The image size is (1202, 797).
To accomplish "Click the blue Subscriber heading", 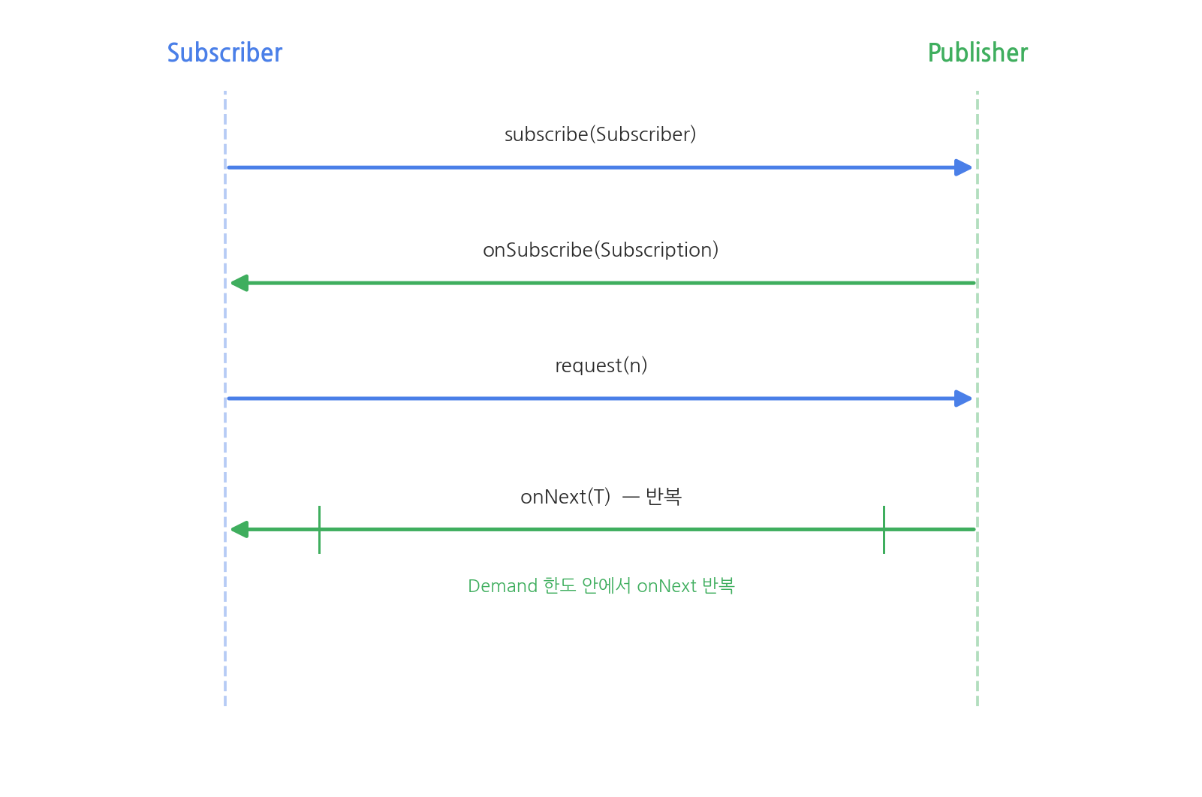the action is pyautogui.click(x=224, y=53).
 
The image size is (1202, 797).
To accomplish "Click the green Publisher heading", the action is pyautogui.click(x=978, y=53).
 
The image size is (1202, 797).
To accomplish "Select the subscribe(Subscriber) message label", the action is pyautogui.click(x=601, y=134).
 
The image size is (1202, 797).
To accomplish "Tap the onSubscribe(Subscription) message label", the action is pyautogui.click(x=601, y=250).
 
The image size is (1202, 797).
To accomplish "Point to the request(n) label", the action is pyautogui.click(x=601, y=365).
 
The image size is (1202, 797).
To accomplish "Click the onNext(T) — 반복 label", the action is pyautogui.click(x=601, y=497).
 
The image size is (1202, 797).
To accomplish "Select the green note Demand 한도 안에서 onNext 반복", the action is pyautogui.click(x=601, y=585).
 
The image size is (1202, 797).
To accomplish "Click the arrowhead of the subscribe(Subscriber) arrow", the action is pyautogui.click(x=963, y=167).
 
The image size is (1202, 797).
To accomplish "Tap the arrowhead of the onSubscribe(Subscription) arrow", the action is pyautogui.click(x=239, y=283).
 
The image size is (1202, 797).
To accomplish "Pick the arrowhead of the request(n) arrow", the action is pyautogui.click(x=963, y=398).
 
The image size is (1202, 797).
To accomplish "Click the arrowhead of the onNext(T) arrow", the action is pyautogui.click(x=239, y=529).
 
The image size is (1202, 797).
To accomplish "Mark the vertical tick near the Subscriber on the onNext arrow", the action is pyautogui.click(x=319, y=530).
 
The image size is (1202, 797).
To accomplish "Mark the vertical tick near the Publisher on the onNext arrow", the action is pyautogui.click(x=884, y=530).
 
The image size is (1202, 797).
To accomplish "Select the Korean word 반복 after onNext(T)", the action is pyautogui.click(x=664, y=497).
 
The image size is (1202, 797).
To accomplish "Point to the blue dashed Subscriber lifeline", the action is pyautogui.click(x=225, y=398).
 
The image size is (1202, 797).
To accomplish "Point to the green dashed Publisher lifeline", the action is pyautogui.click(x=978, y=398).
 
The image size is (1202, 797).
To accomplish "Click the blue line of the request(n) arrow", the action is pyautogui.click(x=599, y=398).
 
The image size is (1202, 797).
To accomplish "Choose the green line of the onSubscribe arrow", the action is pyautogui.click(x=603, y=283).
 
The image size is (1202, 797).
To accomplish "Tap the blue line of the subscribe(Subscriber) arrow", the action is pyautogui.click(x=599, y=167).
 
